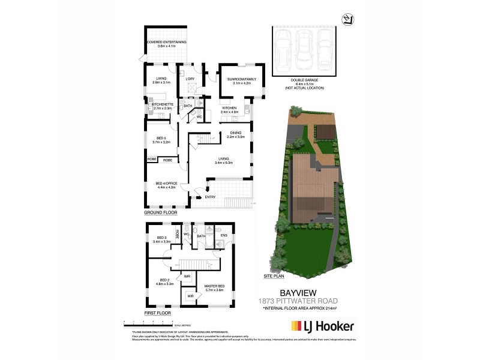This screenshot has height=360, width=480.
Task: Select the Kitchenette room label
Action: point(163,106)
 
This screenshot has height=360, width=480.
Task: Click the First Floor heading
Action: point(157,313)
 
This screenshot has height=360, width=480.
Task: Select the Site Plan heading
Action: point(274,277)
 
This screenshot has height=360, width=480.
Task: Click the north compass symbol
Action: point(345,20)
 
